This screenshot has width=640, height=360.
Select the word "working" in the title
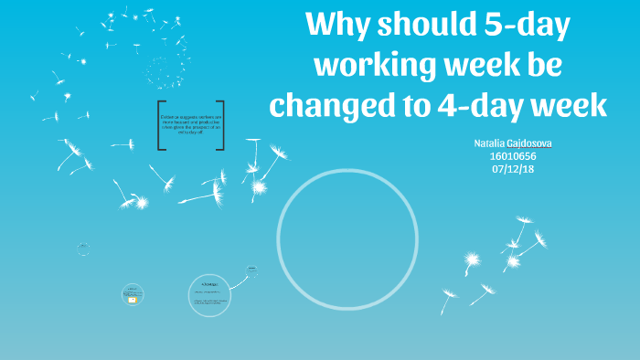pyautogui.click(x=363, y=66)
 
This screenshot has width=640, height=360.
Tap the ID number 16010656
pyautogui.click(x=513, y=156)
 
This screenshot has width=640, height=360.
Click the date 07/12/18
pyautogui.click(x=513, y=169)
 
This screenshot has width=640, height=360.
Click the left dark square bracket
pyautogui.click(x=161, y=125)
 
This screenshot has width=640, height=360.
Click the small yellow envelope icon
pyautogui.click(x=133, y=299)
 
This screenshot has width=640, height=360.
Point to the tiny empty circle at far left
pyautogui.click(x=83, y=249)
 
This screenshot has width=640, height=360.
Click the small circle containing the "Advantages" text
pyautogui.click(x=209, y=294)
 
